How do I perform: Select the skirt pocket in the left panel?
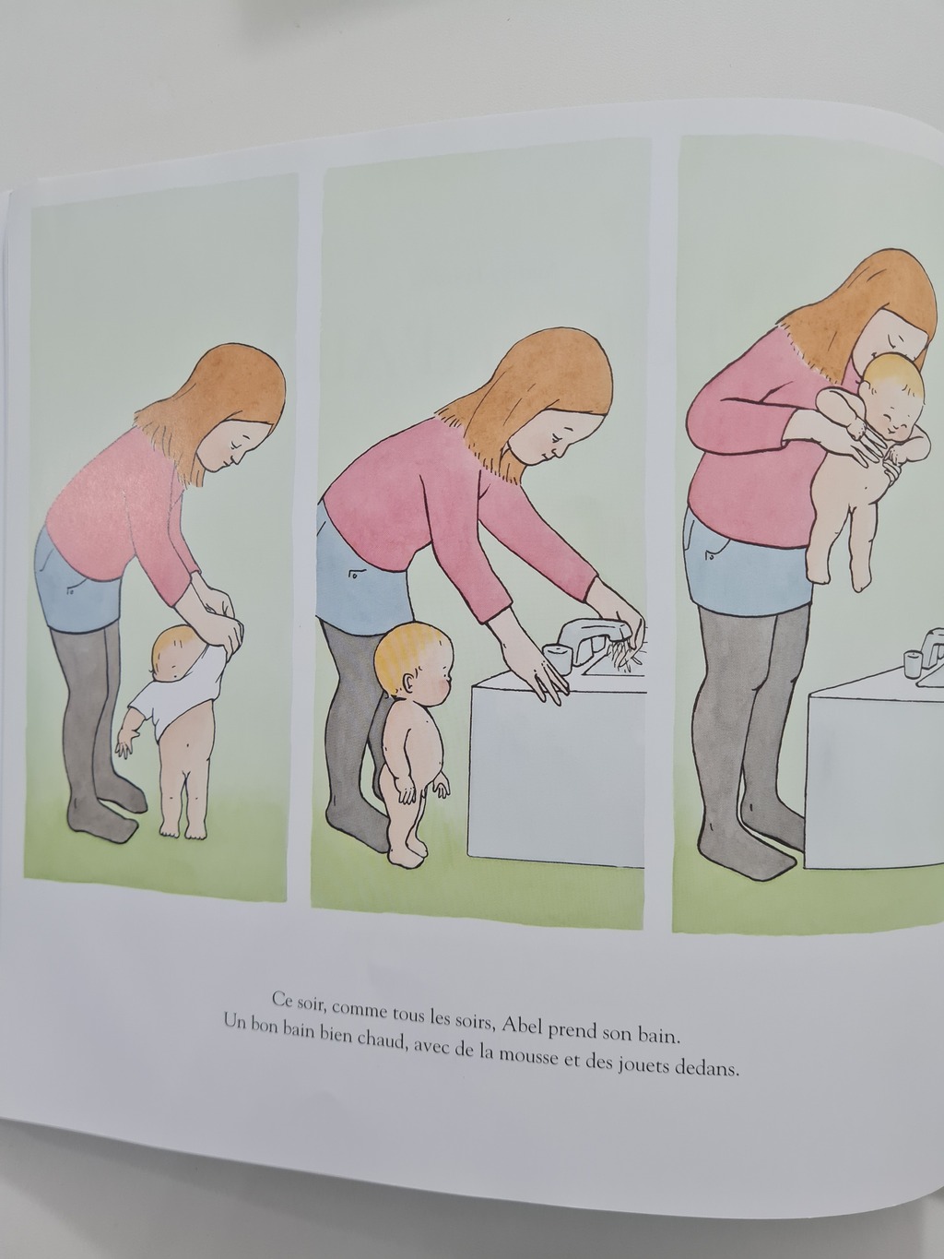point(72,589)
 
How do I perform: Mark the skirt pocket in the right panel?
point(711,557)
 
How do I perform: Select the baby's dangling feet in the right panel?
point(838,574)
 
